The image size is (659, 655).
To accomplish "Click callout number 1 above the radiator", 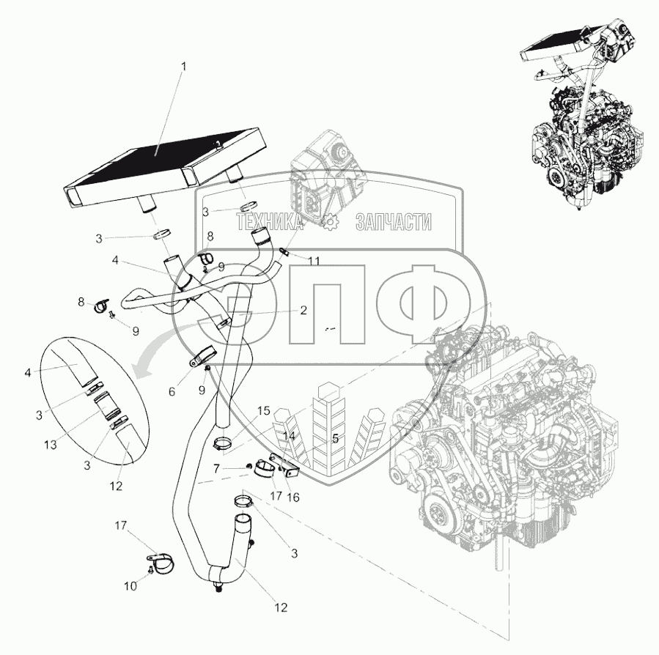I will click(x=185, y=66).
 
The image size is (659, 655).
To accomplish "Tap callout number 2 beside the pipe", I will click(x=303, y=310).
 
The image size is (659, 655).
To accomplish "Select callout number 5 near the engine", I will click(x=335, y=440).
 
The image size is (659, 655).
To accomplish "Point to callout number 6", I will click(x=172, y=392).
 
